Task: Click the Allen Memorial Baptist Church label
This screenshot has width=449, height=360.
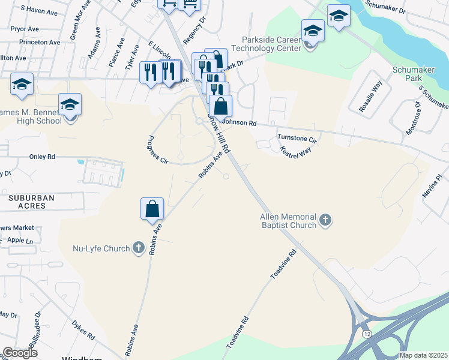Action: (288, 221)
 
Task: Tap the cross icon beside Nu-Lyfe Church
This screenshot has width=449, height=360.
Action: (138, 247)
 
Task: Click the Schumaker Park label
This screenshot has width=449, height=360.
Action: (413, 74)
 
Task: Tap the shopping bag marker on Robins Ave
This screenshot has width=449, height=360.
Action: (152, 209)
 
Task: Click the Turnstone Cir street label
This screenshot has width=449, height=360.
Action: (297, 138)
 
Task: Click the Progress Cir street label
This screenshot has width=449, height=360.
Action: (155, 149)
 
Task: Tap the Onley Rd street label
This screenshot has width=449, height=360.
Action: (42, 157)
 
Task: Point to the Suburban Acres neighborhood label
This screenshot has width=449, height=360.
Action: (28, 202)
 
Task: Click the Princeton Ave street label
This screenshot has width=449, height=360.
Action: (40, 43)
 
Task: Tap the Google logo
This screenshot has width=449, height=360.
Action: (20, 353)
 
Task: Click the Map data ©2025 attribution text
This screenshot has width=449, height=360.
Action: (423, 355)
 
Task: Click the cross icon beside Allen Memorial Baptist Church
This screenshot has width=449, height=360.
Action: (325, 220)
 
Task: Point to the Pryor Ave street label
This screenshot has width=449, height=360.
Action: (25, 29)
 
